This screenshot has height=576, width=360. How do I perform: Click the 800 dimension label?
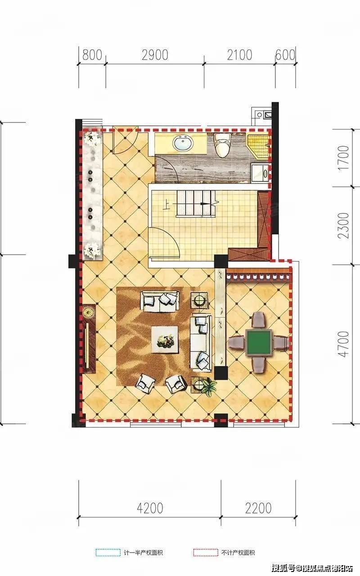(92, 55)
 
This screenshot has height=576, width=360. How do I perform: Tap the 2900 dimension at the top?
(155, 55)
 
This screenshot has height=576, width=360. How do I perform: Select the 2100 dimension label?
(239, 55)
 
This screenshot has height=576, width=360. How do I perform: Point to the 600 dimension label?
(285, 55)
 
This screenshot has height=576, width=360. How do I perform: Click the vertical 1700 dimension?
(344, 157)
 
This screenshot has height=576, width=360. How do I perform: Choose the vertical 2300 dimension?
(344, 225)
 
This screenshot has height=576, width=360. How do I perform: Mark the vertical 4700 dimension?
(344, 344)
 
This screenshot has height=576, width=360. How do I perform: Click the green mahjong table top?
(259, 343)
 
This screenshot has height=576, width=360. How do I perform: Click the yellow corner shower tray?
(258, 145)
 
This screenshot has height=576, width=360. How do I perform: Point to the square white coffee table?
(165, 339)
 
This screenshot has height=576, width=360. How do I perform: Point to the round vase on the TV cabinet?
(89, 312)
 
